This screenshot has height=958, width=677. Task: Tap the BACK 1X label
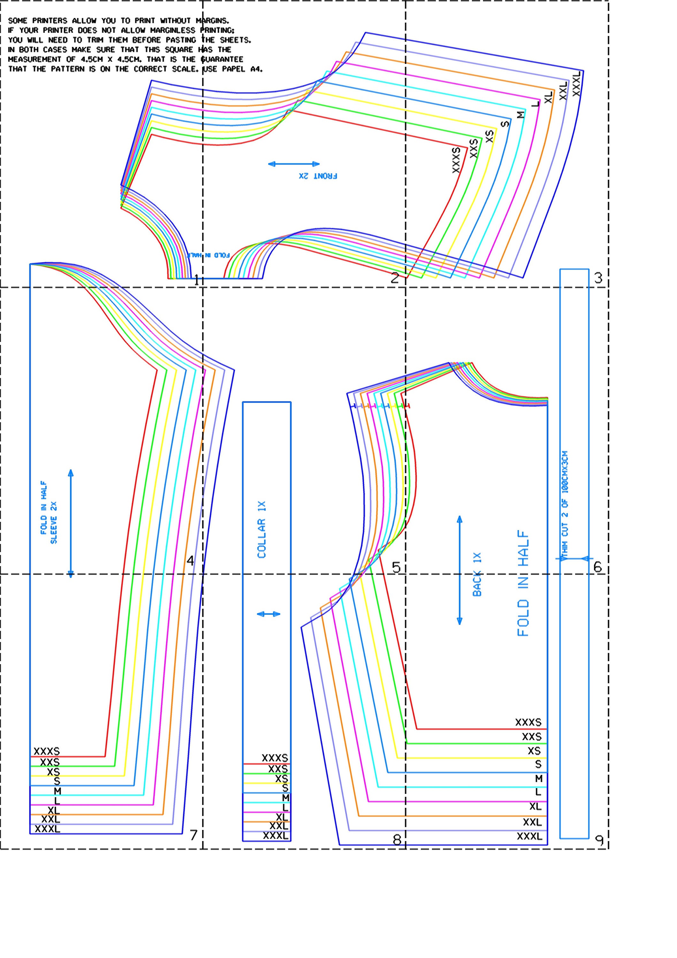tap(477, 574)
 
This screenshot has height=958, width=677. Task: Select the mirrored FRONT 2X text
tap(318, 176)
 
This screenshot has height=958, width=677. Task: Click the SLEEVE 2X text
tap(53, 522)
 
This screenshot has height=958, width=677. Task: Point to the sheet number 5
tap(396, 567)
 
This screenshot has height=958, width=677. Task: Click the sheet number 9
tap(599, 840)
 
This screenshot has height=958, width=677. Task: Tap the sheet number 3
tap(598, 278)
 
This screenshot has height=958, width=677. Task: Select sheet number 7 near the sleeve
tap(193, 835)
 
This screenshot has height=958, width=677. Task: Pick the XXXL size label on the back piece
tap(529, 836)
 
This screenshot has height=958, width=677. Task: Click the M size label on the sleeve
tap(57, 791)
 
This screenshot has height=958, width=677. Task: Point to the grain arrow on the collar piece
tap(268, 614)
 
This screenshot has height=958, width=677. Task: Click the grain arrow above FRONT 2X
tap(294, 164)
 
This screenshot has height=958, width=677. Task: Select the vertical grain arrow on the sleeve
tap(71, 523)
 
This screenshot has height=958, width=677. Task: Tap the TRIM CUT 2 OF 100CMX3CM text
tap(565, 505)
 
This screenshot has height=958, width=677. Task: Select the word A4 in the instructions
tap(256, 69)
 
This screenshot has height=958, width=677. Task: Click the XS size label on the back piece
tap(534, 751)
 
